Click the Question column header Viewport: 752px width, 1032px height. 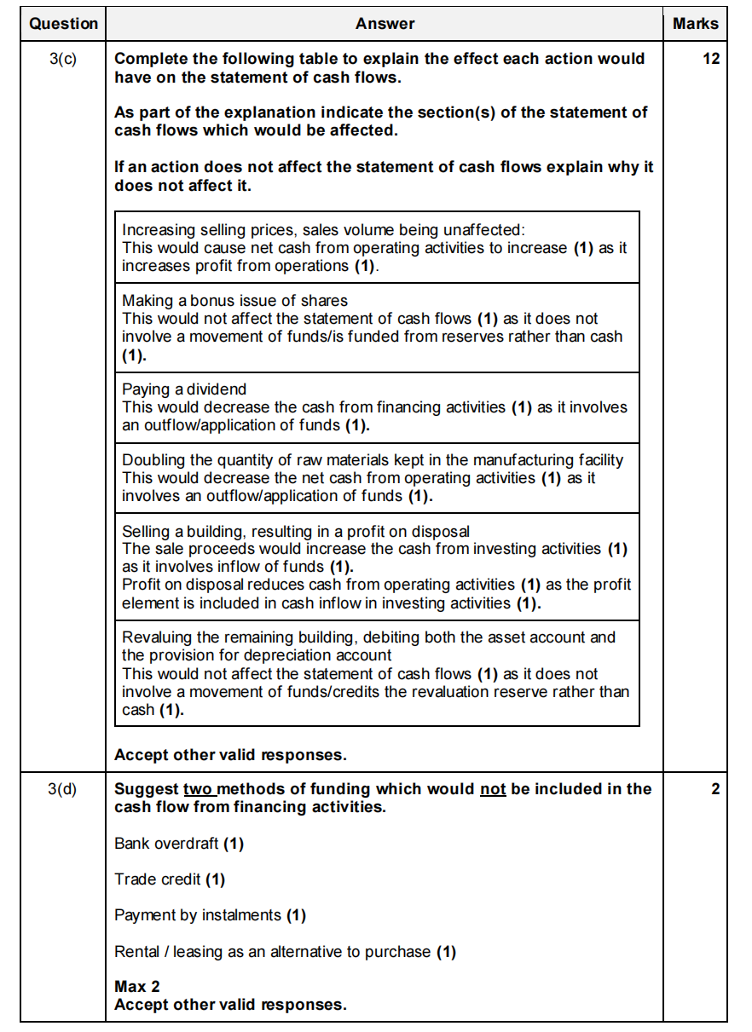[63, 24]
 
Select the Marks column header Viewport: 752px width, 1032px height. [695, 24]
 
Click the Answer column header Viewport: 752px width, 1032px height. [385, 24]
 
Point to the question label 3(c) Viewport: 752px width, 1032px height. [63, 60]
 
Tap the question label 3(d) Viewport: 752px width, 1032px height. [63, 789]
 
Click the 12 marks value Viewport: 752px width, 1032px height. [711, 60]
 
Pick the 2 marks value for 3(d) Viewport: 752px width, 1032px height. [714, 789]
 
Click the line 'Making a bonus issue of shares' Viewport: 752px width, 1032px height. [234, 300]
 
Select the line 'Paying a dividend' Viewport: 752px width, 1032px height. [184, 389]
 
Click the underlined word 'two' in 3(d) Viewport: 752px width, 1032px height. [198, 789]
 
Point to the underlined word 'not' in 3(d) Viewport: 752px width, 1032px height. [493, 789]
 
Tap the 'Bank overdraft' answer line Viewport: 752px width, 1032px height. [179, 844]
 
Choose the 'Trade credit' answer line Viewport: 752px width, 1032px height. [170, 879]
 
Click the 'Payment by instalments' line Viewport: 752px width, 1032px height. [210, 915]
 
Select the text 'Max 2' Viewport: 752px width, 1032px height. [137, 987]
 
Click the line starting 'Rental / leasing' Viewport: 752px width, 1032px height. [285, 951]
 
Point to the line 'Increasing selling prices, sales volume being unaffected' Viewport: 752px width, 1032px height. [323, 230]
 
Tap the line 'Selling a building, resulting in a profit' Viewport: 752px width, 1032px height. [295, 532]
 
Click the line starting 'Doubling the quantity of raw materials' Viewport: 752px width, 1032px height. [373, 460]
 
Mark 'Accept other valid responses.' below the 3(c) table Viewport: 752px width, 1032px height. [230, 755]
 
